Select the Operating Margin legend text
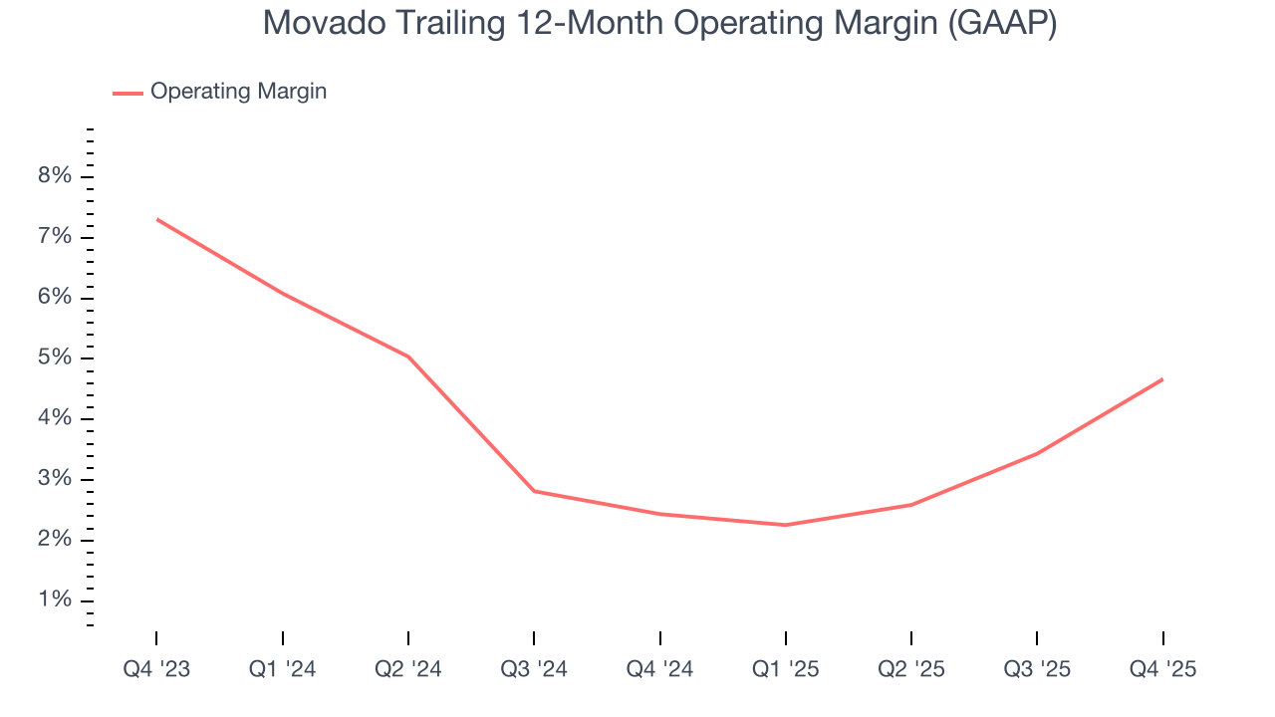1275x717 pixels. [x=238, y=92]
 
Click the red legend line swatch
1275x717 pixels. [x=127, y=93]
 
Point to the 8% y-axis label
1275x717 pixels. [x=55, y=177]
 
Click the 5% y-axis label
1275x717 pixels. [x=55, y=358]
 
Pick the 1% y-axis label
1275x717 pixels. [x=55, y=600]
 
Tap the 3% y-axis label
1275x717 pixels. [x=55, y=480]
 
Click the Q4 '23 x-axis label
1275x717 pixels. [x=156, y=670]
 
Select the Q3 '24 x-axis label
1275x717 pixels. [x=534, y=670]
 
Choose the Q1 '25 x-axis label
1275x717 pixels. [x=785, y=670]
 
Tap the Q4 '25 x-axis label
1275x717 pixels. [x=1162, y=670]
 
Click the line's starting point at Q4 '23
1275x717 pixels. [x=157, y=219]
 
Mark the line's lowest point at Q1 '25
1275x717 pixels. [x=785, y=525]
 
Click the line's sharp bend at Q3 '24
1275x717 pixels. [x=534, y=491]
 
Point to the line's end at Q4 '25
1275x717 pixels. [x=1161, y=379]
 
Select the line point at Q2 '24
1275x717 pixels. [x=408, y=357]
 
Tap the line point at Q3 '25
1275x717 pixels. [x=1037, y=453]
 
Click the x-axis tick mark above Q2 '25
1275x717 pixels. [x=911, y=638]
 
